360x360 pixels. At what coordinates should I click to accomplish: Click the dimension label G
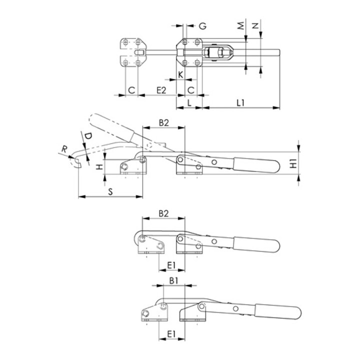coord(202,26)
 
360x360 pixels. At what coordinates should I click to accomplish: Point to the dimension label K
coord(180,75)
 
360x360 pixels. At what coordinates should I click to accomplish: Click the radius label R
coord(63,148)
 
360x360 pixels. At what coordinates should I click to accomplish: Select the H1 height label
coord(294,162)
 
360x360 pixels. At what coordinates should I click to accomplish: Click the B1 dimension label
coord(173,281)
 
